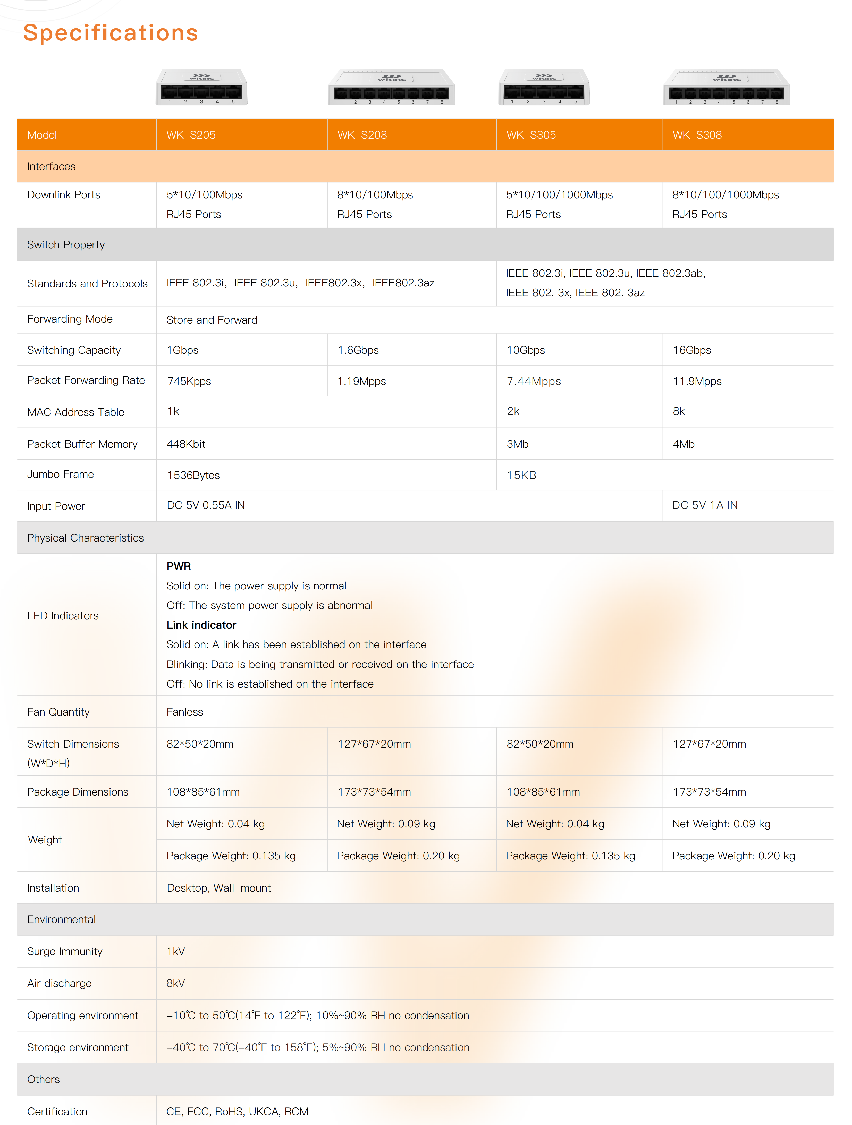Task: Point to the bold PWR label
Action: click(x=179, y=566)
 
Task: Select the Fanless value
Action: click(x=185, y=712)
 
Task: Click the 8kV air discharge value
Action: click(x=175, y=983)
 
